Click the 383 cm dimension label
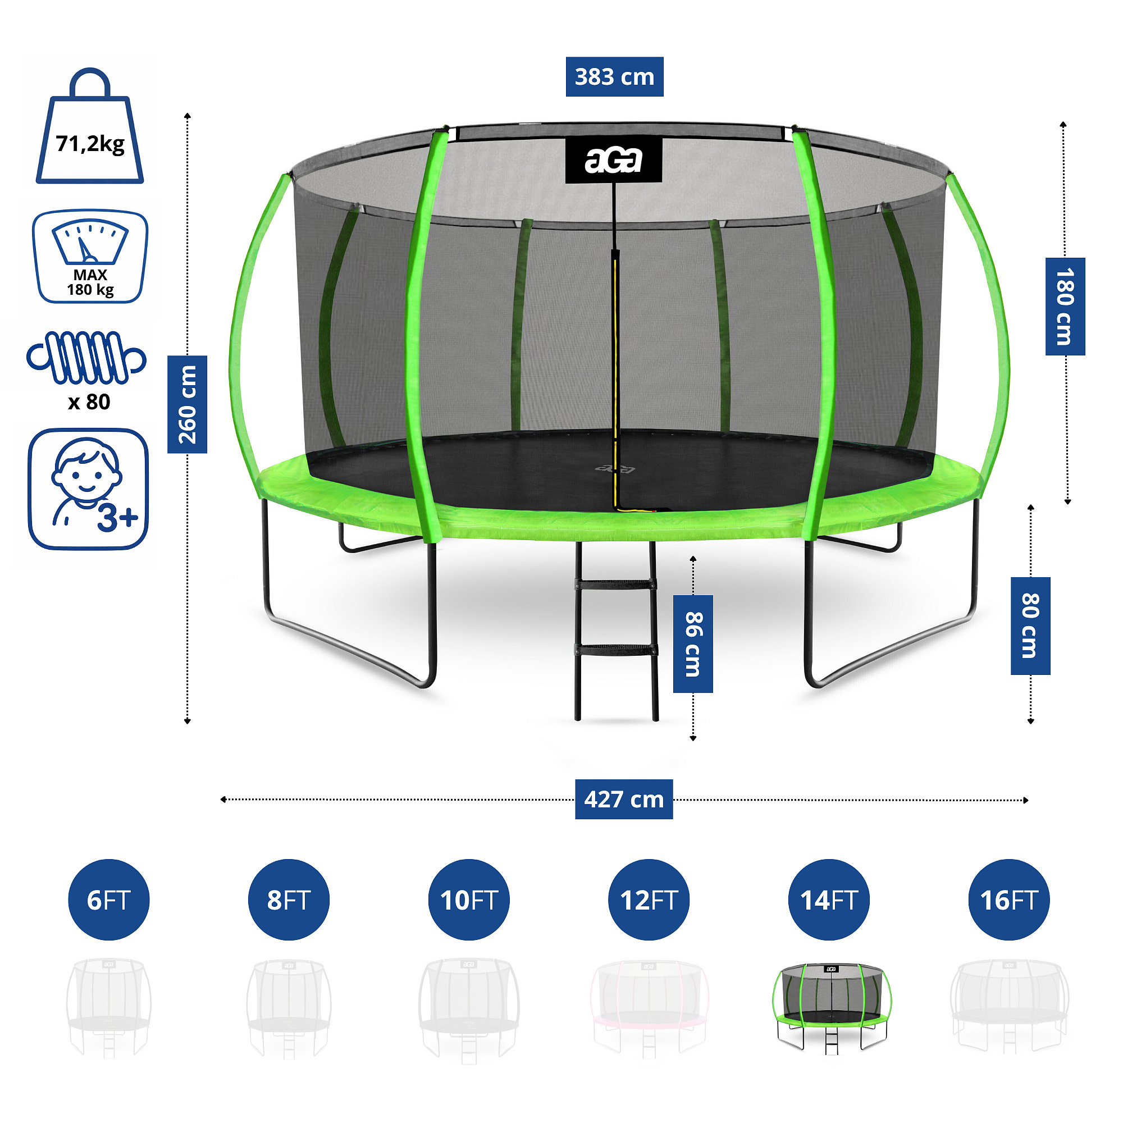pyautogui.click(x=614, y=77)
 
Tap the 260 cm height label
pyautogui.click(x=187, y=404)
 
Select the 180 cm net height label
pyautogui.click(x=1065, y=307)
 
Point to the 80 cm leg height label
pyautogui.click(x=1030, y=626)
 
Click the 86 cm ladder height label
pyautogui.click(x=693, y=643)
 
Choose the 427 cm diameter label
pyautogui.click(x=624, y=799)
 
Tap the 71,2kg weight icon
pyautogui.click(x=90, y=128)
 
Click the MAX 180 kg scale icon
pyautogui.click(x=90, y=257)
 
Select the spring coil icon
pyautogui.click(x=86, y=358)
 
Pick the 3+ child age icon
pyautogui.click(x=88, y=489)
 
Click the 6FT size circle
pyautogui.click(x=109, y=900)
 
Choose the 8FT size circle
pyautogui.click(x=289, y=900)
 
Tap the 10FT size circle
pyautogui.click(x=469, y=900)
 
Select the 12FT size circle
pyautogui.click(x=649, y=900)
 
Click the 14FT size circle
pyautogui.click(x=829, y=900)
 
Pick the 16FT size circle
pyautogui.click(x=1009, y=900)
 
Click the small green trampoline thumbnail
pyautogui.click(x=832, y=1009)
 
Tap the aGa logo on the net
pyautogui.click(x=614, y=161)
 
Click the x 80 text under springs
pyautogui.click(x=89, y=401)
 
